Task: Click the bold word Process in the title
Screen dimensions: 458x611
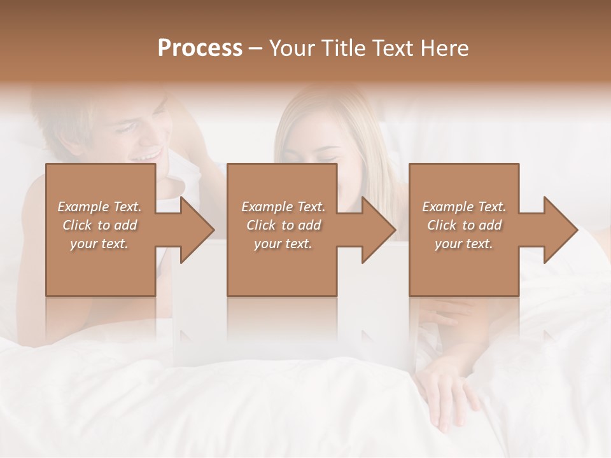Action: [200, 48]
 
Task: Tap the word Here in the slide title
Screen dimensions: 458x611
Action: [445, 48]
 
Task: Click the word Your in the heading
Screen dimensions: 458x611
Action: [290, 48]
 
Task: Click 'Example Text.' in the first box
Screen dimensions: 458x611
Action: [99, 207]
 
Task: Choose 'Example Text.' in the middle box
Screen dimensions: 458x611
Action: [283, 207]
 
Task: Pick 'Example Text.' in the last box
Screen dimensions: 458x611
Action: [464, 207]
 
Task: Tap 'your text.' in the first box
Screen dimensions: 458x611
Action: [99, 244]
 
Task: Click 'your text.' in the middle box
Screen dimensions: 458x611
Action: [283, 244]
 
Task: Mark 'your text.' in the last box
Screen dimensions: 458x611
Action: [464, 244]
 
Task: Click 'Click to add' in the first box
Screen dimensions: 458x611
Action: [99, 225]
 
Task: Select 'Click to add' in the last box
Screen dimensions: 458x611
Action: [464, 225]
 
